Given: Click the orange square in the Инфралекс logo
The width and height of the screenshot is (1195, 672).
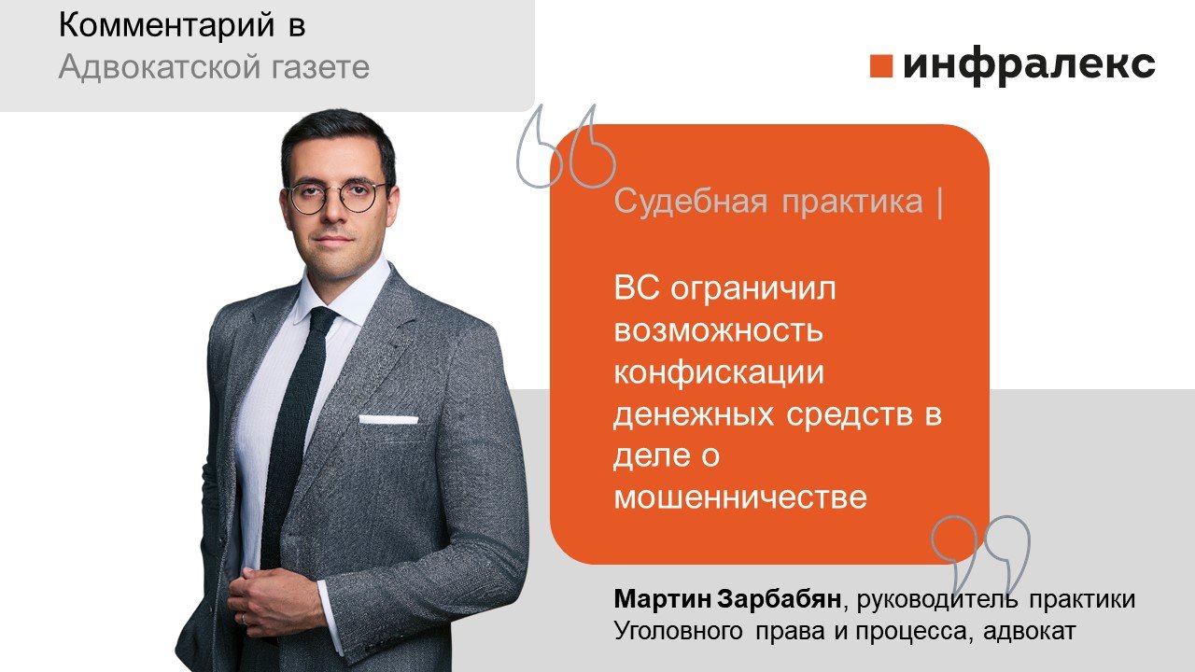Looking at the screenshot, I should click(x=880, y=65).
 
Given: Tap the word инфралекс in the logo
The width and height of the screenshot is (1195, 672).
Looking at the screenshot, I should click(x=1029, y=65).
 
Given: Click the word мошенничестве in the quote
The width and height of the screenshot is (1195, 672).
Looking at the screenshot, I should click(x=739, y=498).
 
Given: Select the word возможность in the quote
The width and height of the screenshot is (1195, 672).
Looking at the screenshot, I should click(x=718, y=331).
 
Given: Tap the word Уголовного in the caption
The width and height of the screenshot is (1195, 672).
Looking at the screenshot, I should click(x=672, y=632).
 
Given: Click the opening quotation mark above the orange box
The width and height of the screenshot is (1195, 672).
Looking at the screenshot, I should click(x=565, y=147).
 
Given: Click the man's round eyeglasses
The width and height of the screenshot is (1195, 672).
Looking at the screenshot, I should click(x=335, y=195).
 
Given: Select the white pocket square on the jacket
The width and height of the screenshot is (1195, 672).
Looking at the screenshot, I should click(x=388, y=419).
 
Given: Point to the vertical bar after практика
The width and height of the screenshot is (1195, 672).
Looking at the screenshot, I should click(x=937, y=203).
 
